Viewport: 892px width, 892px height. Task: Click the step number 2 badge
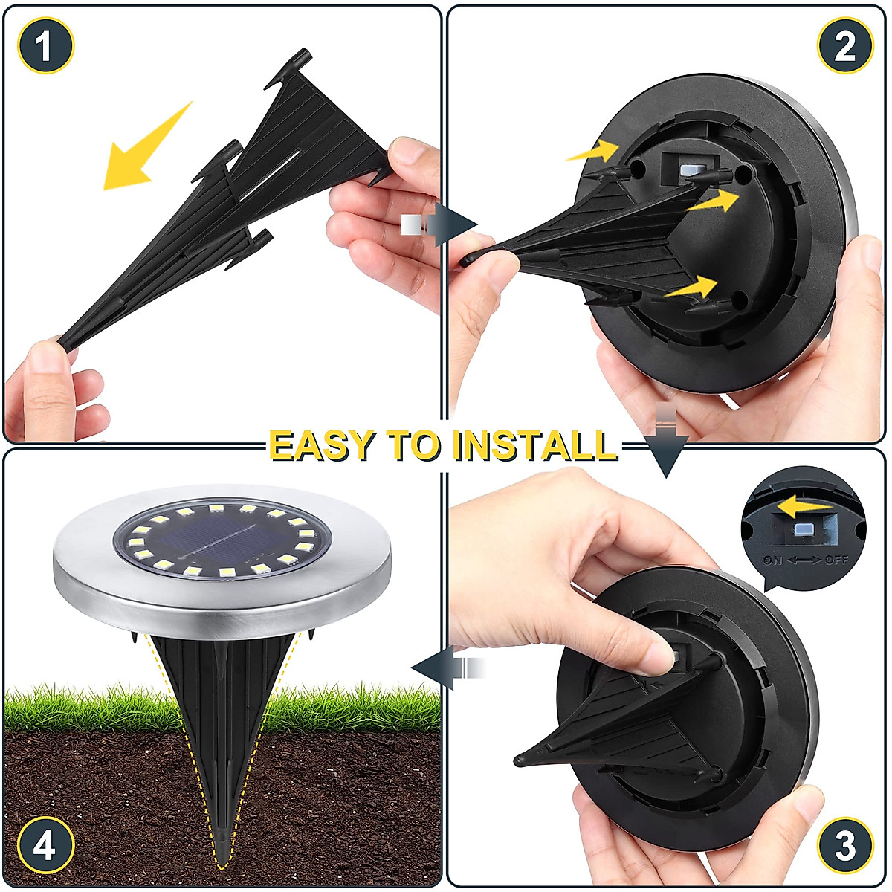[845, 46]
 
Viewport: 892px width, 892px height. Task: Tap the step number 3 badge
[845, 846]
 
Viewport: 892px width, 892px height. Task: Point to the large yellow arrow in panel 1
[145, 149]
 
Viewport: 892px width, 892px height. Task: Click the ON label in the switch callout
[773, 560]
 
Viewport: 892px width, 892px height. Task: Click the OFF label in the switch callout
[836, 560]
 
